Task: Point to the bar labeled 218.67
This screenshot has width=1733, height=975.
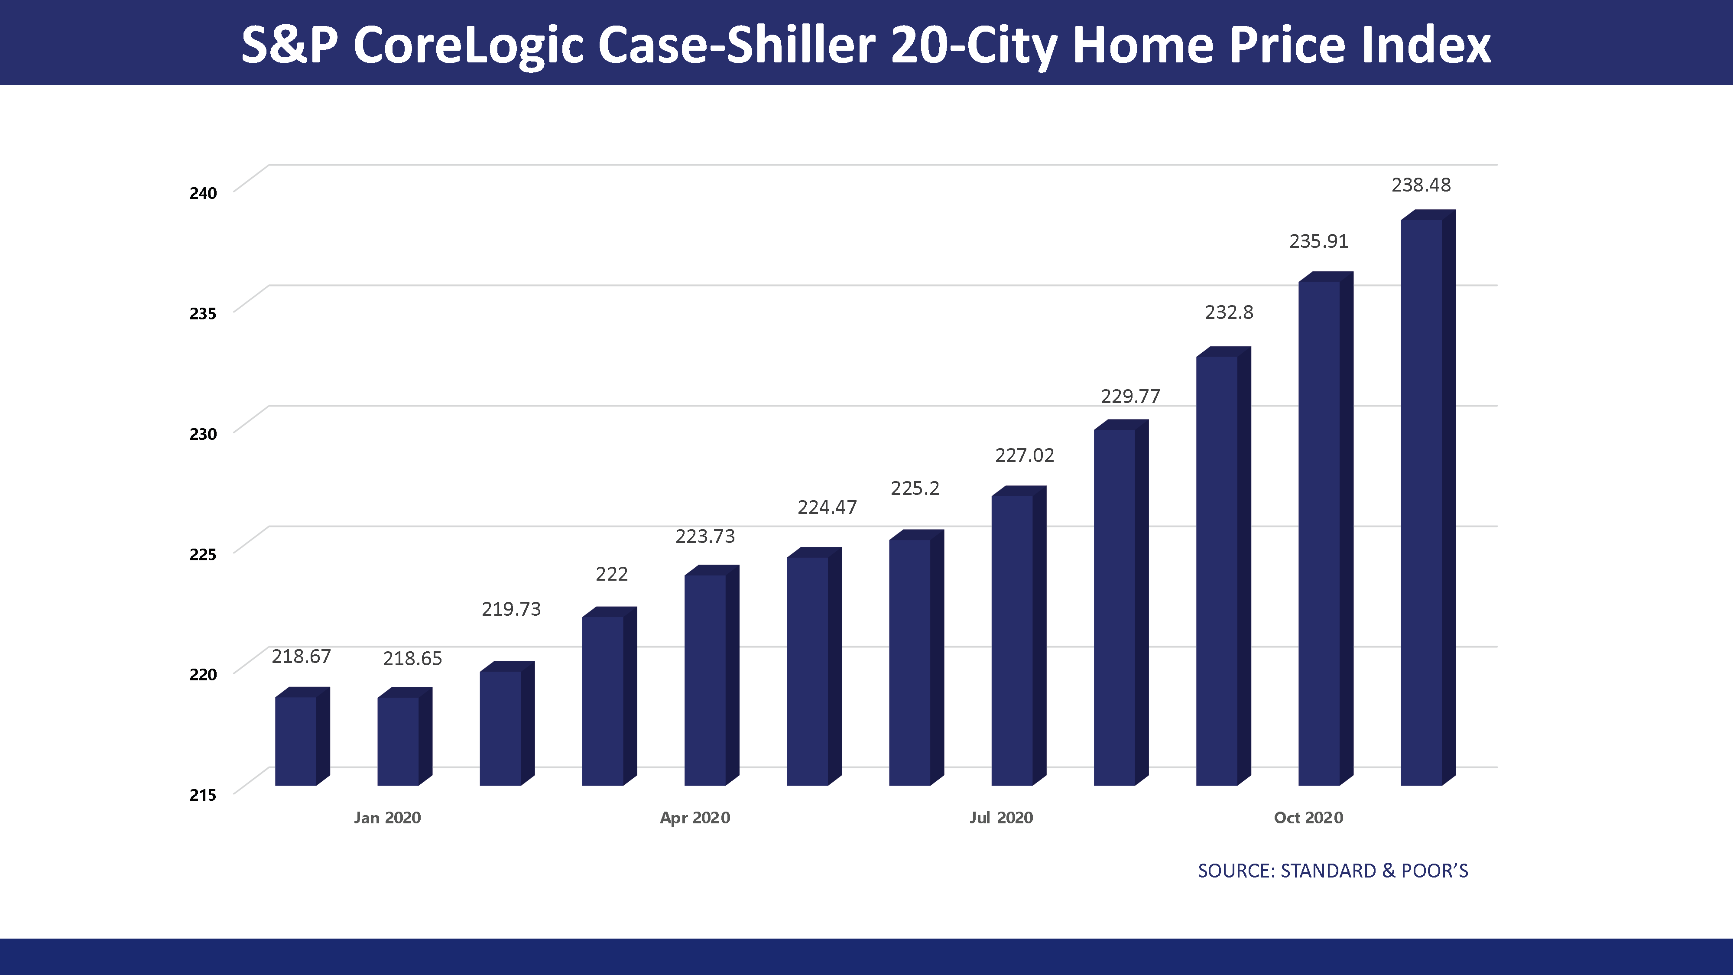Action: point(296,740)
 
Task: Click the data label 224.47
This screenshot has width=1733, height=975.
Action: point(827,507)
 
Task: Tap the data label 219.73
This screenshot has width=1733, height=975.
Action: point(511,609)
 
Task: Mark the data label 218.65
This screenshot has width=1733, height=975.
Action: point(412,659)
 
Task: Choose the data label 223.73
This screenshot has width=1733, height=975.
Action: point(705,536)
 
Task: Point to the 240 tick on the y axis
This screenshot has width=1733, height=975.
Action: point(202,193)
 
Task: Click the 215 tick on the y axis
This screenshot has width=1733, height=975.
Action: point(202,795)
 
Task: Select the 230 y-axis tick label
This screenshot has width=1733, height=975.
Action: point(202,434)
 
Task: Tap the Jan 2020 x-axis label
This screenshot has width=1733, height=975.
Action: point(387,818)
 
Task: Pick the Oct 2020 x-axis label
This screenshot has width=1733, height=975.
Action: point(1308,818)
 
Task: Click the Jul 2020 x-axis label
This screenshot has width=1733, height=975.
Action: point(1001,818)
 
